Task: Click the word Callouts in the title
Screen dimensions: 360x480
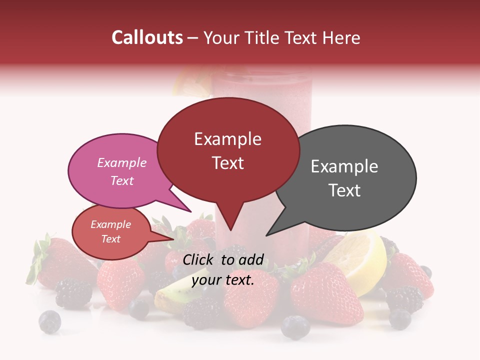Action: (x=147, y=37)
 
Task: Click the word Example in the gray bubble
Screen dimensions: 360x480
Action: (x=344, y=166)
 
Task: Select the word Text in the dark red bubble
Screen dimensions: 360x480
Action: (x=228, y=163)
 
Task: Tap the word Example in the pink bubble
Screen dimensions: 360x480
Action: (x=121, y=162)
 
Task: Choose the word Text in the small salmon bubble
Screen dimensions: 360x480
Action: (x=110, y=239)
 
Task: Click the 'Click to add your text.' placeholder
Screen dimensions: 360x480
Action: (x=222, y=270)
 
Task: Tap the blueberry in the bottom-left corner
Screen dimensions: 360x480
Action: (x=50, y=321)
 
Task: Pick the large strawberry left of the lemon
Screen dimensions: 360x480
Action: (x=325, y=292)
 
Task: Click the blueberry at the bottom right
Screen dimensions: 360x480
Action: (x=400, y=319)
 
